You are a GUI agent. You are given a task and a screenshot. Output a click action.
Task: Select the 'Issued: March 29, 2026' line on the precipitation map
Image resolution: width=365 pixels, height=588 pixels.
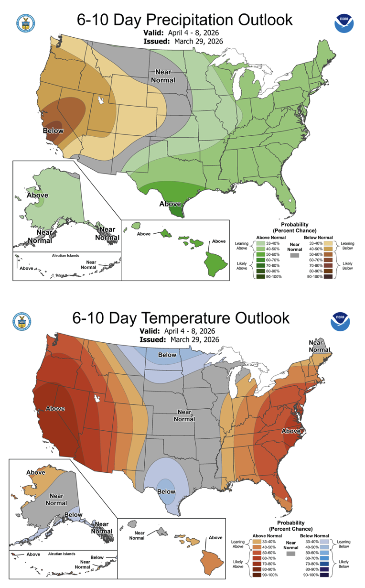[183, 41]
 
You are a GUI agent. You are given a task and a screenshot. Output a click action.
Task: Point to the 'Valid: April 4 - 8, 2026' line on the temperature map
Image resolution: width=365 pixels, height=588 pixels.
[179, 331]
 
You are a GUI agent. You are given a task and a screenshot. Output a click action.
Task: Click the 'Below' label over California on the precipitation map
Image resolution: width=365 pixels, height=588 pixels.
[53, 131]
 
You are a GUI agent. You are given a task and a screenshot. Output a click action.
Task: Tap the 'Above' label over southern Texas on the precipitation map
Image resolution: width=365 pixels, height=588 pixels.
[170, 204]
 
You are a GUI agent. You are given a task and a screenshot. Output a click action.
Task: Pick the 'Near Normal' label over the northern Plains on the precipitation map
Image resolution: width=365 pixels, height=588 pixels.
[163, 76]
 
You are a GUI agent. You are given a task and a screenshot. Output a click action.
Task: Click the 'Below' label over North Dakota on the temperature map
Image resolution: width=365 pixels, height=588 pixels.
[167, 355]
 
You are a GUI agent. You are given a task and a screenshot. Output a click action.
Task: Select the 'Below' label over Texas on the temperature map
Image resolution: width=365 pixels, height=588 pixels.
[166, 491]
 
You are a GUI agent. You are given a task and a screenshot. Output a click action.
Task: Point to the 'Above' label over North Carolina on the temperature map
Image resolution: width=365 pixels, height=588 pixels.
[291, 431]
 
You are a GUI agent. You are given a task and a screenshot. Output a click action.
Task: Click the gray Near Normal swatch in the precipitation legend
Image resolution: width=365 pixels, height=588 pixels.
[295, 256]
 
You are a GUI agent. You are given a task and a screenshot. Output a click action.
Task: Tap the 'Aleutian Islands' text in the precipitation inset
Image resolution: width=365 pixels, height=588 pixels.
[65, 256]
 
